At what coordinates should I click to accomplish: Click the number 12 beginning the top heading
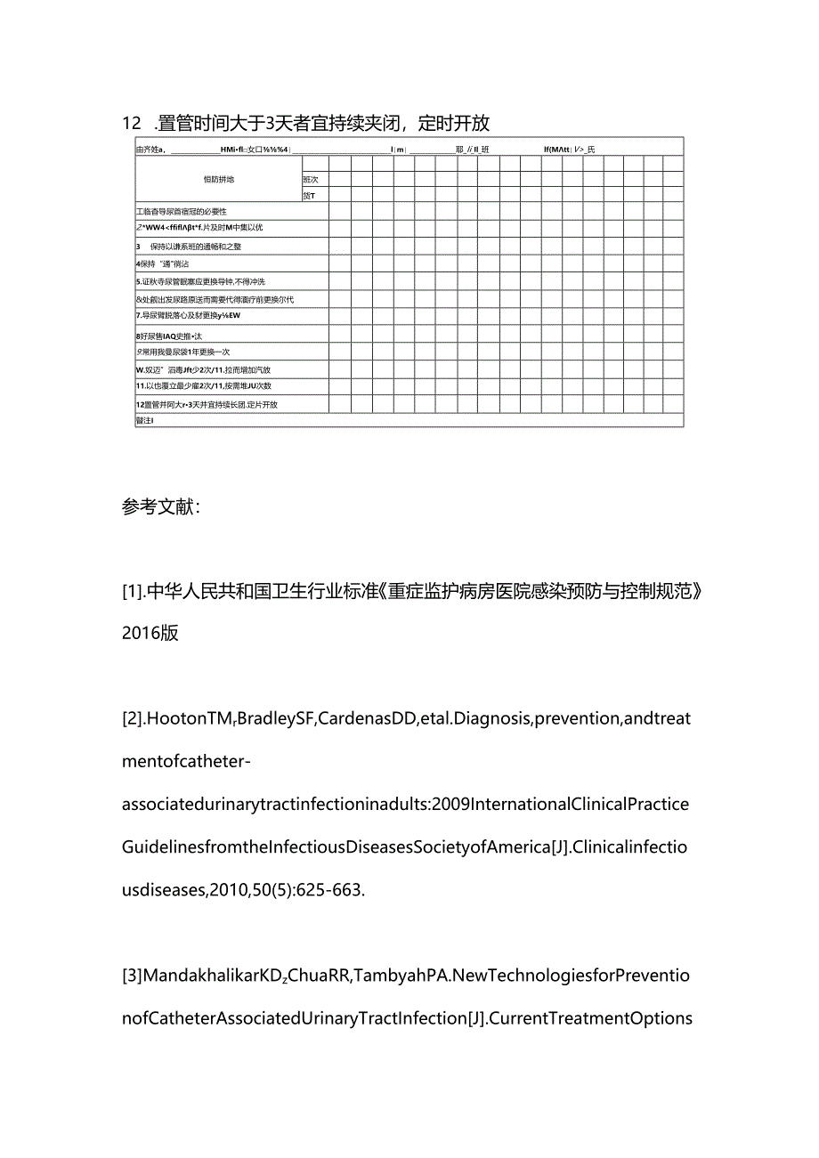(x=131, y=123)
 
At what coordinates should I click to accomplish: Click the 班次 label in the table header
(x=310, y=180)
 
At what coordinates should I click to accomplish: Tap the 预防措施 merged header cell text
(x=218, y=180)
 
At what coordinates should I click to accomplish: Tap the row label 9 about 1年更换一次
(x=182, y=352)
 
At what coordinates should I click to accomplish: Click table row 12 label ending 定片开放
(x=207, y=405)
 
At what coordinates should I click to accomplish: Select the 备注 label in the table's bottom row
(x=144, y=421)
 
